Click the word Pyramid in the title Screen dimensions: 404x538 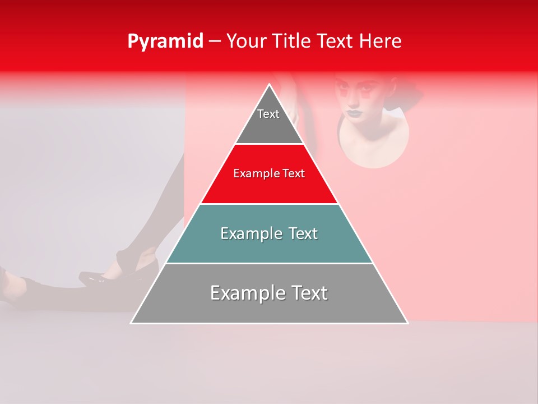tap(165, 42)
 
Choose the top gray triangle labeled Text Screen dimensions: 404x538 tap(269, 121)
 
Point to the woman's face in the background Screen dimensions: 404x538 tap(355, 97)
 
